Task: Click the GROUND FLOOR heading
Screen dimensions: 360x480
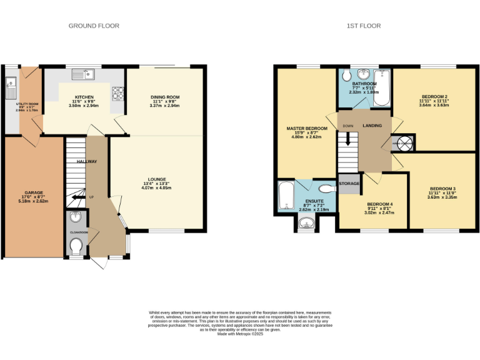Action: pyautogui.click(x=94, y=26)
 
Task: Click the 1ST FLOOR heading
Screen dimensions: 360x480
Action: pyautogui.click(x=364, y=26)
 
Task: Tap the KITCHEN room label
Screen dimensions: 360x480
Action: pyautogui.click(x=84, y=97)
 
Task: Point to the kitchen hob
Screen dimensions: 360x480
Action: pyautogui.click(x=117, y=94)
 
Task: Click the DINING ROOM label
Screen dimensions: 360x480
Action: pyautogui.click(x=165, y=97)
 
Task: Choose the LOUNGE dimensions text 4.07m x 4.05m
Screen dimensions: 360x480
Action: pyautogui.click(x=156, y=187)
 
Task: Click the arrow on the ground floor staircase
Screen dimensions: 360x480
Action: pyautogui.click(x=77, y=197)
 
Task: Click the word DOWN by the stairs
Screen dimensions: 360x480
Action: pyautogui.click(x=348, y=126)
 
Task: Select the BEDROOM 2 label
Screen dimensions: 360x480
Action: pyautogui.click(x=434, y=96)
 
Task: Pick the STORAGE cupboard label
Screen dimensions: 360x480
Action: pyautogui.click(x=349, y=184)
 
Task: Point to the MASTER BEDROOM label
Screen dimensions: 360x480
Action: pyautogui.click(x=307, y=128)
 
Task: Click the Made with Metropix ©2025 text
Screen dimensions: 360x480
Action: pyautogui.click(x=241, y=334)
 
